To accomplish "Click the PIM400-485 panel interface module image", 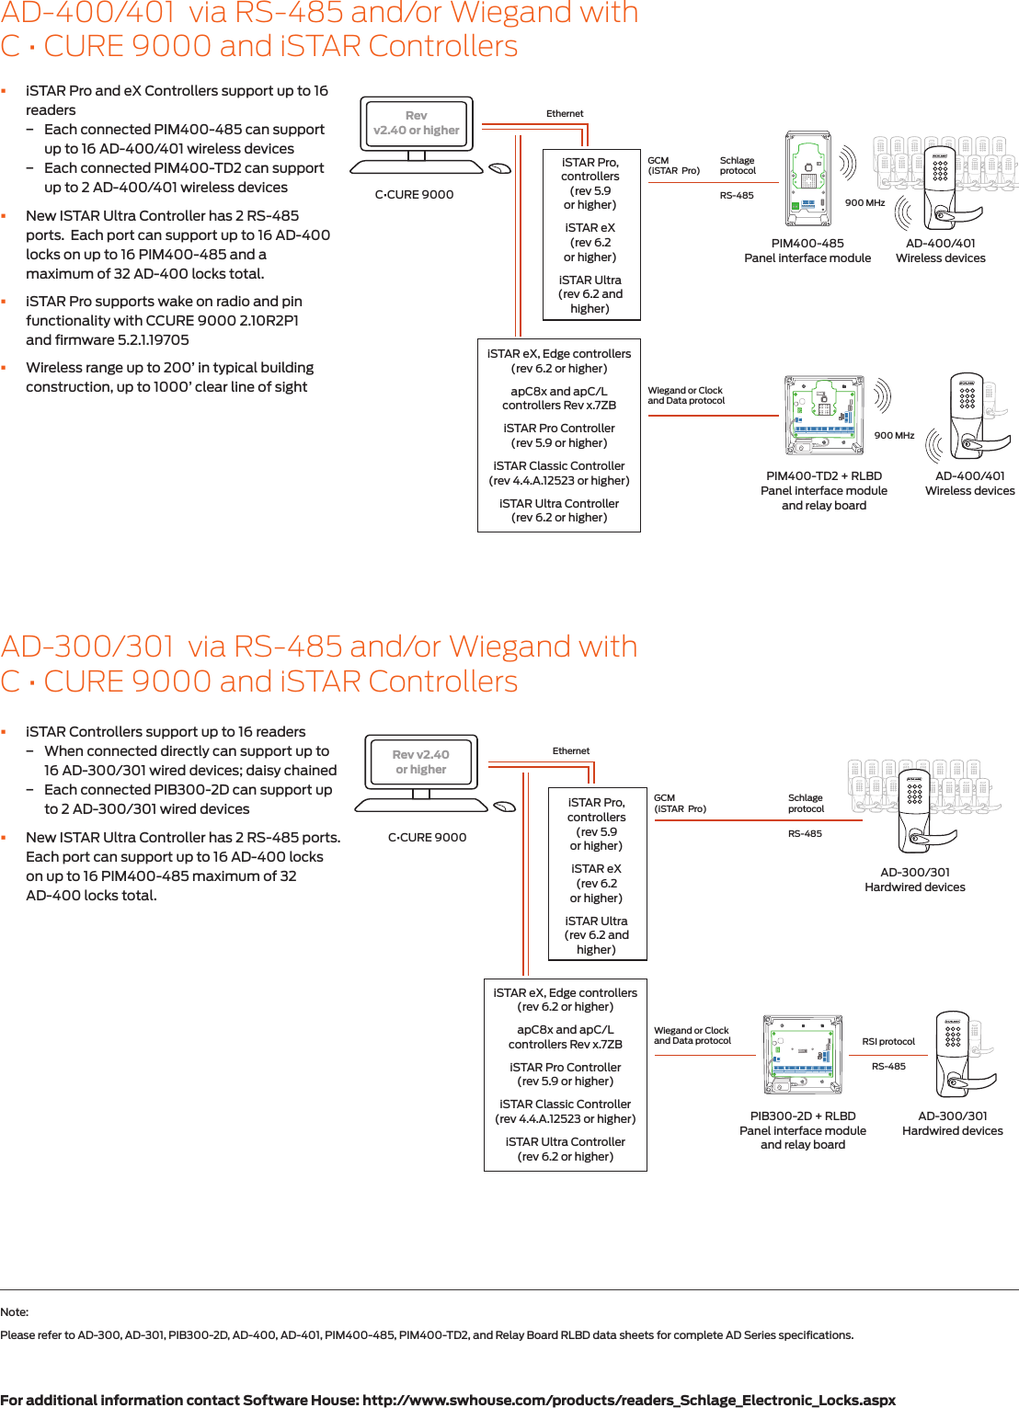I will (x=807, y=178).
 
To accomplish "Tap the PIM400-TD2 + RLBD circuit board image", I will (x=824, y=415).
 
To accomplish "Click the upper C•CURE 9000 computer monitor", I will (x=417, y=124).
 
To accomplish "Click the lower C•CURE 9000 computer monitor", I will (x=421, y=762).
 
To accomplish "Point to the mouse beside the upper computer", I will (x=499, y=168).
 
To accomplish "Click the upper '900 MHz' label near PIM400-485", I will (x=864, y=203).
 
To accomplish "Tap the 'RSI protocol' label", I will (x=888, y=1042).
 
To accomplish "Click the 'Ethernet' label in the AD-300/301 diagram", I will (x=571, y=751).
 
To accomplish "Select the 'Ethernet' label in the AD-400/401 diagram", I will (x=565, y=114).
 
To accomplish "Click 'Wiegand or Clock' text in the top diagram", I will (x=685, y=391).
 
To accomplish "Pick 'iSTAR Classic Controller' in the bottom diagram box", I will (x=565, y=1105).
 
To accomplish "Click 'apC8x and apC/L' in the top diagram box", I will (x=559, y=392).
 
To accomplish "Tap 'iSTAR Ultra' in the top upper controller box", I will (x=590, y=280).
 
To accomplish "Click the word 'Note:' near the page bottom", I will (x=15, y=1312).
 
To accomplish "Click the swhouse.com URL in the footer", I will (x=628, y=1400).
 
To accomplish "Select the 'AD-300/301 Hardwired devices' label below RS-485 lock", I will (x=915, y=880).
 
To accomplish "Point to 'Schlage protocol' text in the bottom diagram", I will (x=806, y=804).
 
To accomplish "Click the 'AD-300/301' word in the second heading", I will (x=87, y=647).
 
